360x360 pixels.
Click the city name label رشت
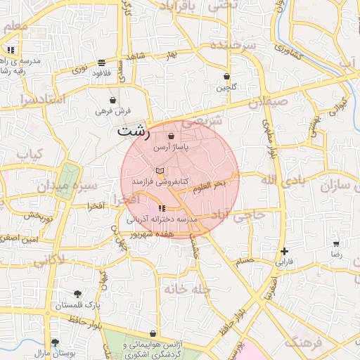click(x=134, y=131)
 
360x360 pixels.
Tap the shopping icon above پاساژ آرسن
click(x=172, y=136)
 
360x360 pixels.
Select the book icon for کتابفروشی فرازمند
click(x=160, y=171)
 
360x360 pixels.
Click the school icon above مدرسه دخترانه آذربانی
click(x=162, y=208)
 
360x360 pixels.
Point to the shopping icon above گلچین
click(x=226, y=77)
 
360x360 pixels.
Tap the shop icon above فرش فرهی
click(x=113, y=101)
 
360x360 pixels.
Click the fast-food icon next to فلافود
click(x=102, y=63)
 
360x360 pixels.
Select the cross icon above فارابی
click(x=284, y=251)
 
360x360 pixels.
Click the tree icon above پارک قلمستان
click(x=77, y=294)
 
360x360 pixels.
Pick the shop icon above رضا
click(x=336, y=244)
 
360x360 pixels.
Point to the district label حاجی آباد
click(x=249, y=214)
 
